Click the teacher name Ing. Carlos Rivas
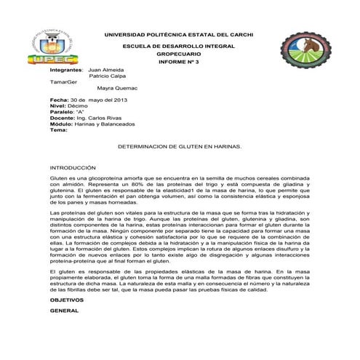(103, 118)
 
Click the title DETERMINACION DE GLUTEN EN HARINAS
(179, 146)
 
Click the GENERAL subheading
(64, 311)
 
